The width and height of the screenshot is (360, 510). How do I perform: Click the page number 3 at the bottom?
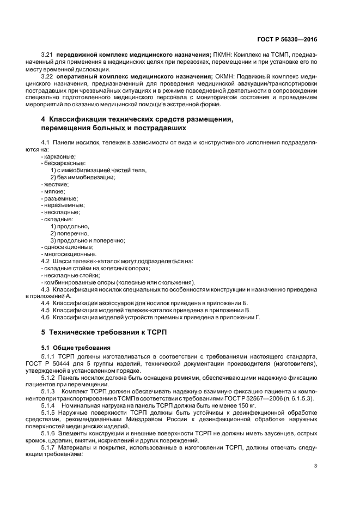(x=315, y=465)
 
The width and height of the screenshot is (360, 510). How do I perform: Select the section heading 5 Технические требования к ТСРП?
(x=103, y=332)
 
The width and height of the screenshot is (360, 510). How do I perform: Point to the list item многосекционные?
(x=69, y=254)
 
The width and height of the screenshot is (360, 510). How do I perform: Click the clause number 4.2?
(x=46, y=261)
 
